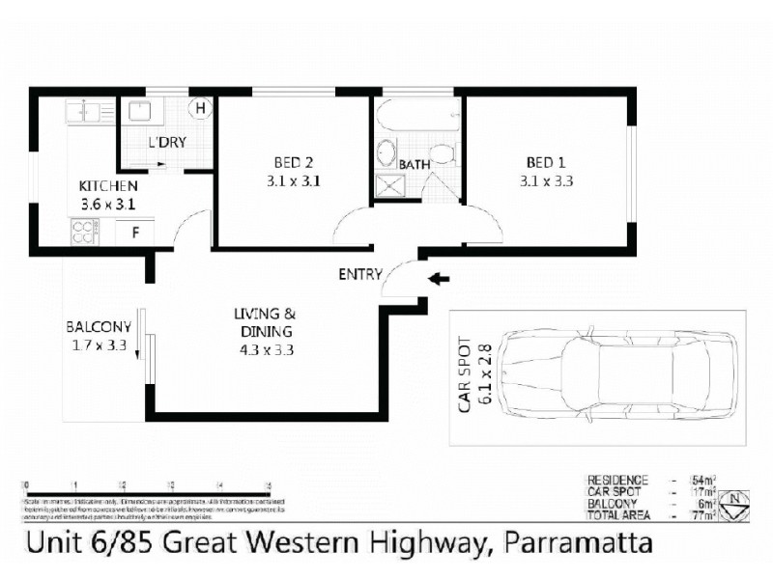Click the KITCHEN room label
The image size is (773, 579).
click(107, 186)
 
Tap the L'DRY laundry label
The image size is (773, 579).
click(166, 143)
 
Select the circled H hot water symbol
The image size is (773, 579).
click(201, 108)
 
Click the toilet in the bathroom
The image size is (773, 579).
click(443, 154)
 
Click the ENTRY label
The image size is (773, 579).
click(359, 274)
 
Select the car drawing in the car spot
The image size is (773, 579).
click(618, 370)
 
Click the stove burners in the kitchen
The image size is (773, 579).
click(82, 232)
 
